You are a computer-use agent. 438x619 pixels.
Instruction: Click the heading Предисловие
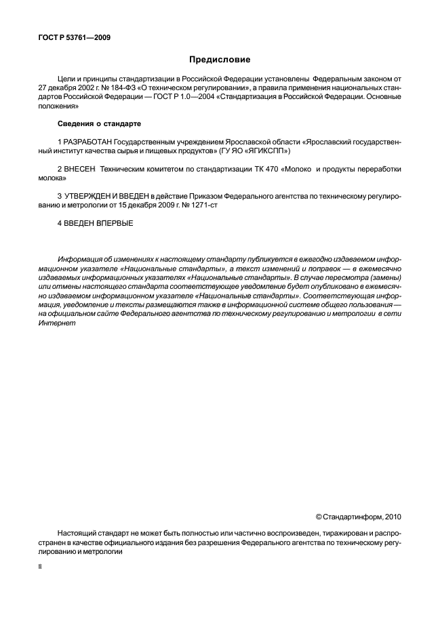pos(219,60)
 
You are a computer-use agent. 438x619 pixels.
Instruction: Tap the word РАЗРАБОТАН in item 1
pos(87,141)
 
